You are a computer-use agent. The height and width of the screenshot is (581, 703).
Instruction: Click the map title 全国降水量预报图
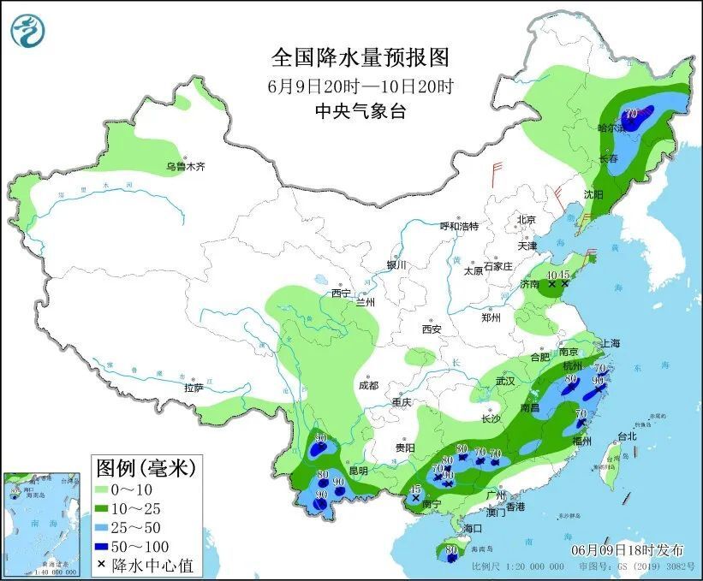coord(360,58)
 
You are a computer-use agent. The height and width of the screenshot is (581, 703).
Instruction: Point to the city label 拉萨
coord(194,388)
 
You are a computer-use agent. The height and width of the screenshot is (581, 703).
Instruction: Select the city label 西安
coord(430,329)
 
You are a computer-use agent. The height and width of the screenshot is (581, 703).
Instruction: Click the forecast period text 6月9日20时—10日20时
coord(360,86)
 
